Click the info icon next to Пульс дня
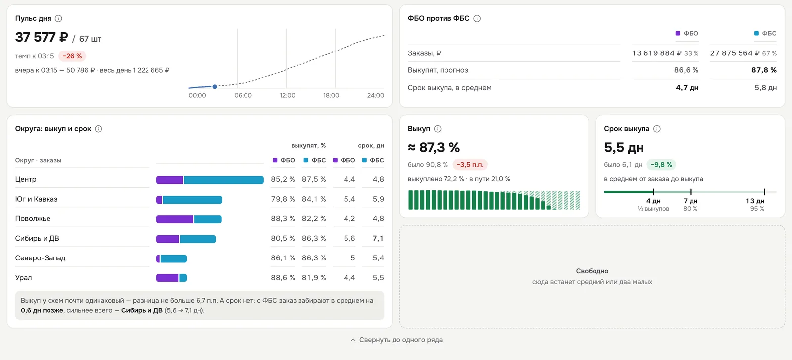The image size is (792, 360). pos(59,18)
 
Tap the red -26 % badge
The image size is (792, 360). pos(72,56)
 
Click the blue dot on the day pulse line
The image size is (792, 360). pos(215,87)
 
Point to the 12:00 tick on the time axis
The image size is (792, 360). pos(288,95)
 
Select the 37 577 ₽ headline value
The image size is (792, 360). pos(42,37)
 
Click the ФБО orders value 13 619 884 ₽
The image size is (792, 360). pos(656,53)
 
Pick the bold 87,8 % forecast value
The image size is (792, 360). pos(764,70)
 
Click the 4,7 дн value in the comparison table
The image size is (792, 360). pos(687,88)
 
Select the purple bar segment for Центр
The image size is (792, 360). pos(170,180)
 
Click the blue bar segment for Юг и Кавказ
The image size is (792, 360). pos(193,200)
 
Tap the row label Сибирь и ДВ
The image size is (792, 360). pos(37,238)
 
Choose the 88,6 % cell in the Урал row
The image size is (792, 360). pos(283,278)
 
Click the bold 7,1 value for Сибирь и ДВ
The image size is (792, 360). pos(378,238)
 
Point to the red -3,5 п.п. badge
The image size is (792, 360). pos(470,165)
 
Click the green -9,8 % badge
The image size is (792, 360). pos(661,165)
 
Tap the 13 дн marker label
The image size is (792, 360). pos(755,201)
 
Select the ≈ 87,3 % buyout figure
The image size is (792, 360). pos(434,147)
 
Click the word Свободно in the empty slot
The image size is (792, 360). pos(592,271)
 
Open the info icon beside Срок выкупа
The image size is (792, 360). pos(657,129)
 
